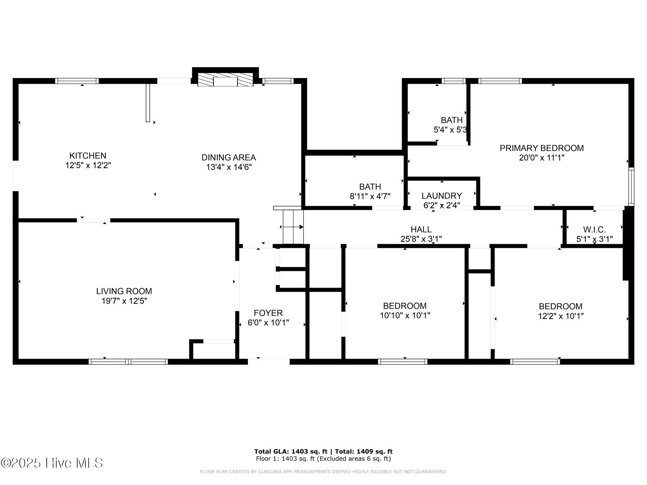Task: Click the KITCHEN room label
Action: tap(88, 156)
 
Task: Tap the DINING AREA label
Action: tap(228, 157)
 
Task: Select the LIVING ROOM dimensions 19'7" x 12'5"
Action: tap(124, 301)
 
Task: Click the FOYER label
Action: tap(268, 313)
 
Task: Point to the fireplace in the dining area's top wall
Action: tap(225, 81)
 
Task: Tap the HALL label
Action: tap(421, 230)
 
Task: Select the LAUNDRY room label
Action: tap(442, 196)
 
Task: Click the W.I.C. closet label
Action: tap(594, 230)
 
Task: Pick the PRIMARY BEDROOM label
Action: tap(541, 148)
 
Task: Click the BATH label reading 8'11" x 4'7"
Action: tap(370, 191)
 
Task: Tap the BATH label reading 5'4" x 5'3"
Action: tap(451, 125)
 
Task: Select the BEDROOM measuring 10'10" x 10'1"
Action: tap(405, 311)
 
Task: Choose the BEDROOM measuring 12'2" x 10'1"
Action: tap(560, 311)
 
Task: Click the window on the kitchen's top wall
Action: tap(77, 81)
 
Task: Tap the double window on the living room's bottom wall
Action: tap(128, 362)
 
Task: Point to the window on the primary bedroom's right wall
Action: tap(631, 186)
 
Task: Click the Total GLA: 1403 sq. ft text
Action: tap(292, 452)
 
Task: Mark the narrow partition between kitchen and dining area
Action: tap(148, 103)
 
